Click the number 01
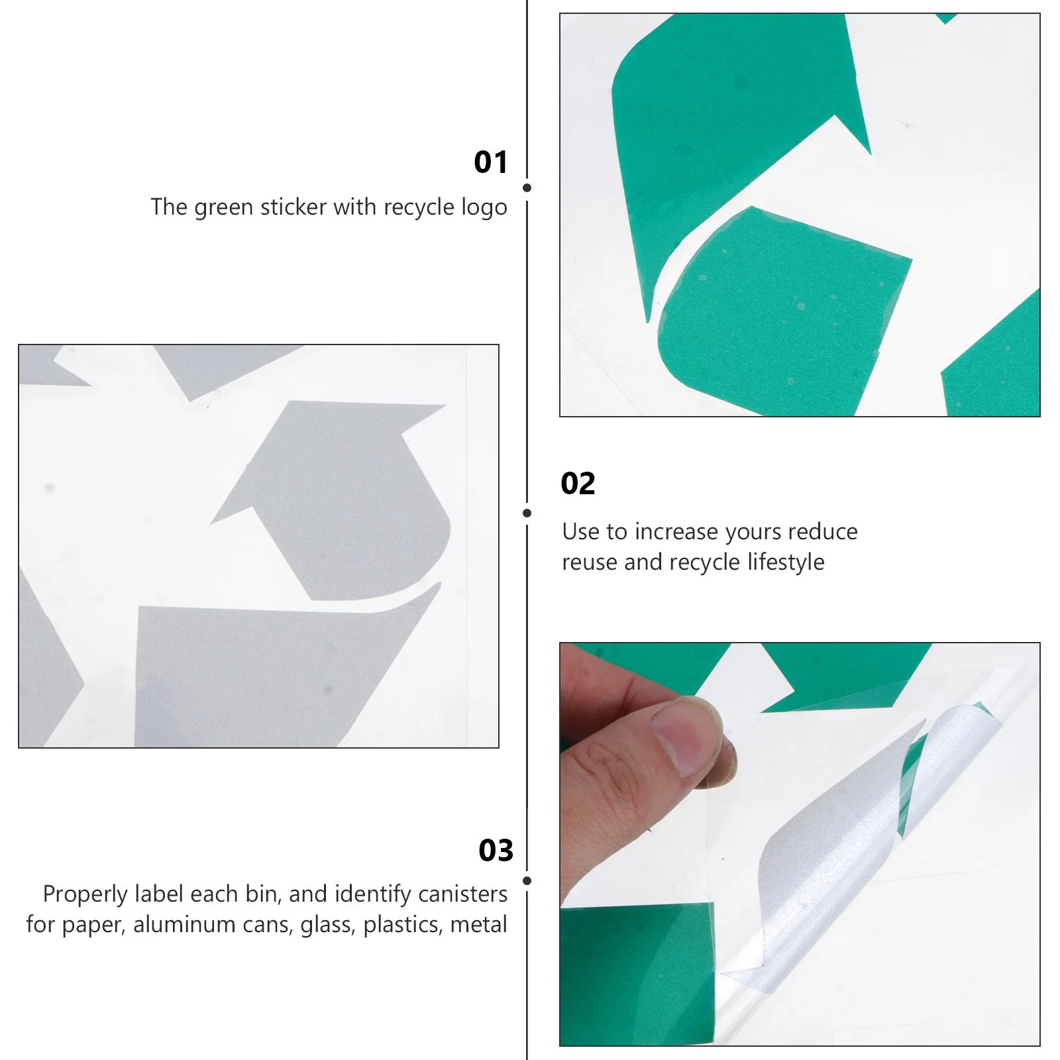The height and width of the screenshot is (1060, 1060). pos(490,162)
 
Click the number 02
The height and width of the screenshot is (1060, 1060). pos(578,484)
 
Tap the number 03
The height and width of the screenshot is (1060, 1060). pos(496,850)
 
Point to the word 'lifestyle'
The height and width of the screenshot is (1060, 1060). pos(786,562)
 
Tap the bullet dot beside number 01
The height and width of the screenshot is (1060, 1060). pos(527,188)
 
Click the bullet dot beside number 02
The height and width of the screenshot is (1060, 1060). pos(527,513)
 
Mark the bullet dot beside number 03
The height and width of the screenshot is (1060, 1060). pos(527,880)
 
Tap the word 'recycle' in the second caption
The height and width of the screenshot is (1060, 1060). pos(704,562)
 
